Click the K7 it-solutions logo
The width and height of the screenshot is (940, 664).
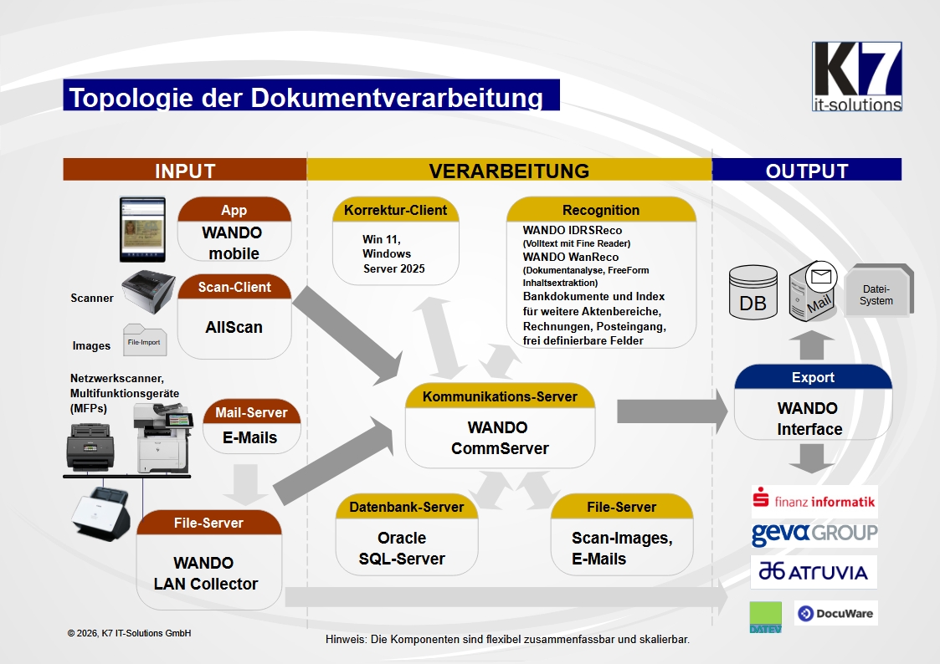tap(856, 77)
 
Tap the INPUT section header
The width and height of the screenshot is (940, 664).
tap(185, 170)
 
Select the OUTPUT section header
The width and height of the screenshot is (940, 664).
tap(807, 170)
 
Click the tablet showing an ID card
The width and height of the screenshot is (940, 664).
tap(142, 229)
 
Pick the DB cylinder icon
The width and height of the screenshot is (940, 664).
tap(753, 293)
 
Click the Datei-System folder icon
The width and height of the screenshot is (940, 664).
tap(878, 291)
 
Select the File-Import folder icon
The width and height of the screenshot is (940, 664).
tap(145, 340)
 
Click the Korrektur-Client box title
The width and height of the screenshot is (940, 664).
tap(396, 210)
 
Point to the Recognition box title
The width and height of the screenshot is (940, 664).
tap(601, 210)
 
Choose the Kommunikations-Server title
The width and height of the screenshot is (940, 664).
tap(500, 396)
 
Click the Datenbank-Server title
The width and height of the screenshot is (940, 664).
tap(407, 507)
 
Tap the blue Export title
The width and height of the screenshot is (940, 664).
tap(813, 377)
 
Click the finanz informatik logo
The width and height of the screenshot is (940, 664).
tap(814, 501)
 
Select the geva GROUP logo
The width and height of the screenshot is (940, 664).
tap(814, 533)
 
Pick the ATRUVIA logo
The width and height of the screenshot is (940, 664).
tap(814, 572)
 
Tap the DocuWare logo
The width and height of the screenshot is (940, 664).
tap(835, 613)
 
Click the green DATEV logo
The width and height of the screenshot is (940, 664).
tap(766, 617)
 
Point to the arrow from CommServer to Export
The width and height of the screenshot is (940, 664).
tap(672, 411)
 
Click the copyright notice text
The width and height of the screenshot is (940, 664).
tap(130, 633)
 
